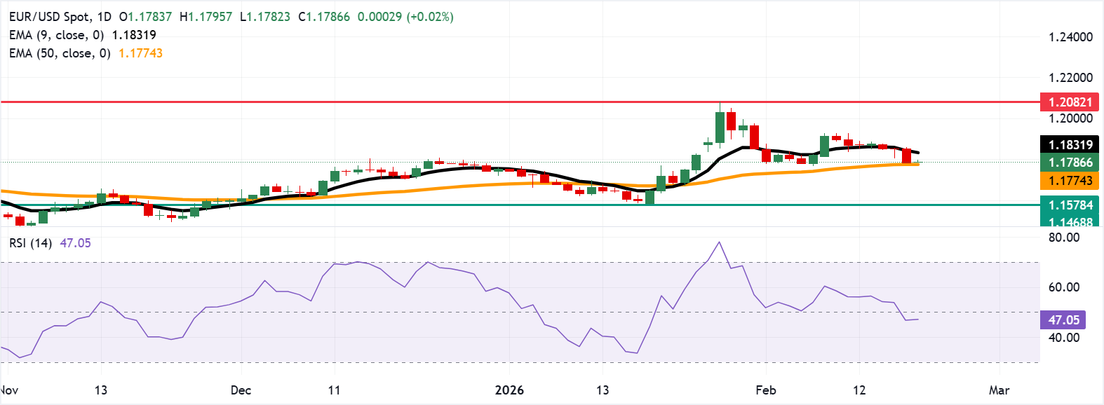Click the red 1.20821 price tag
[1070, 102]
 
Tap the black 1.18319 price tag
[1070, 145]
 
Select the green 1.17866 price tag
[1070, 163]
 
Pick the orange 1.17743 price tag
[1070, 181]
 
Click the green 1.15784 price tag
[1070, 205]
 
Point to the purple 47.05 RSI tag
[1063, 320]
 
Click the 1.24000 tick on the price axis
[1070, 37]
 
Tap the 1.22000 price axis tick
[1070, 78]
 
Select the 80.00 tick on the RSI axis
[1063, 238]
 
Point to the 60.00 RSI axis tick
[1063, 287]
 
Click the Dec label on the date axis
[241, 390]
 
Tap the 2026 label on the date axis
[509, 390]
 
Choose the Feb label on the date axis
[766, 390]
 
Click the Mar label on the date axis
[999, 390]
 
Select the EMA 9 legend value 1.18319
[134, 35]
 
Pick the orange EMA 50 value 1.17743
[140, 53]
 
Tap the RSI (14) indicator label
[30, 243]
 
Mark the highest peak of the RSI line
[719, 242]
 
